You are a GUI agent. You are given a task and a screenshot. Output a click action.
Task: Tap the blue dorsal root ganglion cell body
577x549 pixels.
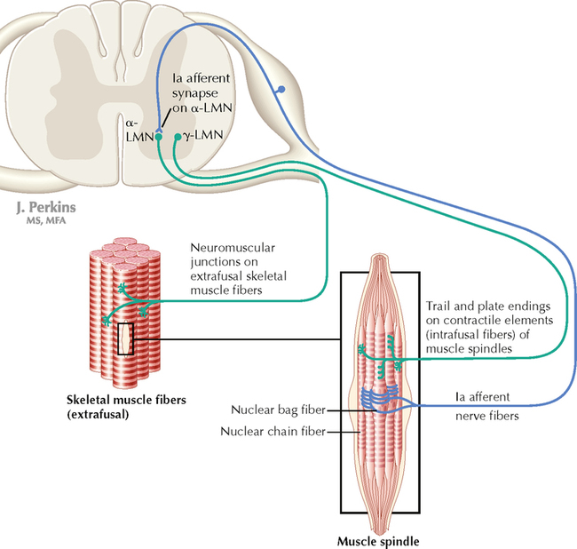pos(281,90)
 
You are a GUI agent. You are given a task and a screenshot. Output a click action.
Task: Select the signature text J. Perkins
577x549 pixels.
pos(45,207)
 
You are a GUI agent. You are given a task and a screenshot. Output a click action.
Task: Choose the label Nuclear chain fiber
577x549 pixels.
pos(272,432)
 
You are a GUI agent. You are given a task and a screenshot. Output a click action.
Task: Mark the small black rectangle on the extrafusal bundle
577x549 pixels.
pos(125,338)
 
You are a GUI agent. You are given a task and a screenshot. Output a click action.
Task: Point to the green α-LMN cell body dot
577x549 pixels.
pos(159,137)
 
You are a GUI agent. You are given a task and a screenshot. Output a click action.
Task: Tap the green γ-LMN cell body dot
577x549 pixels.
pos(178,138)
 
